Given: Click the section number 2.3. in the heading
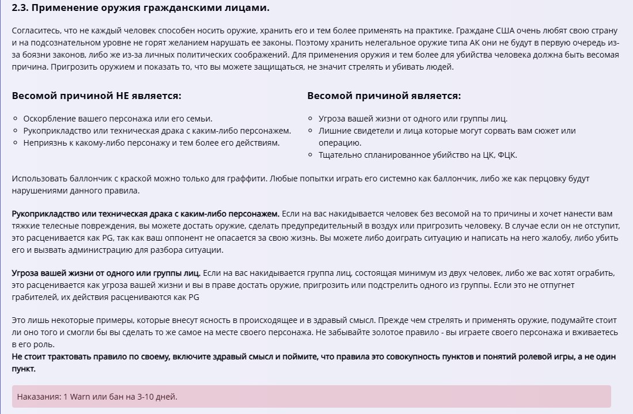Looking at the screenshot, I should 21,8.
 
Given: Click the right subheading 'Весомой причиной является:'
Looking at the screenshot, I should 384,96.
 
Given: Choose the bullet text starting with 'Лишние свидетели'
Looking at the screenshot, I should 447,131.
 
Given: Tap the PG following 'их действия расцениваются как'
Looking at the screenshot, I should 194,297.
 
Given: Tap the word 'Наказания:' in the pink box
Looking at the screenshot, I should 39,397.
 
